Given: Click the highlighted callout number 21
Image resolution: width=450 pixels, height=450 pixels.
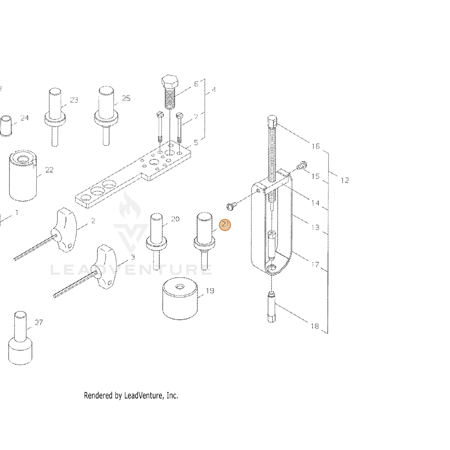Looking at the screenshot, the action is pos(225,225).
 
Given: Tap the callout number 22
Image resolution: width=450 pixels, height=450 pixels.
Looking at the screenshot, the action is pos(49,170).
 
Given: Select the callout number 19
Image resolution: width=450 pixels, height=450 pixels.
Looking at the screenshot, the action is pos(210,291).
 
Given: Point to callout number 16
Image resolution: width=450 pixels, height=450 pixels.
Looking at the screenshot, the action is pos(315,146).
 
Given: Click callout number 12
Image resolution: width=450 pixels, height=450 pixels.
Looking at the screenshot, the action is pos(345,180).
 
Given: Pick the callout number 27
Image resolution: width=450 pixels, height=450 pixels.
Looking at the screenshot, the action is pos(39,322).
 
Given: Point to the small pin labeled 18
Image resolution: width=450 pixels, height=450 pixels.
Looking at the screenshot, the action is pos(271,307).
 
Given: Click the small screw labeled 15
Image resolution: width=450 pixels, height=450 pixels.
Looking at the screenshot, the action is pos(302,166).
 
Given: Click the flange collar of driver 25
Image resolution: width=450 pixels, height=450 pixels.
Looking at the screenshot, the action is pos(106,117).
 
